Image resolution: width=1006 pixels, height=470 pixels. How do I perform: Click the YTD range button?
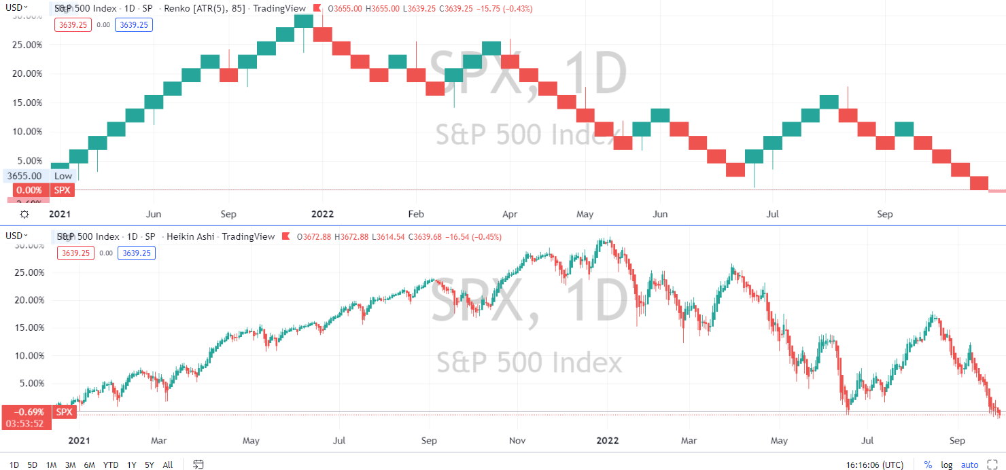tap(110, 465)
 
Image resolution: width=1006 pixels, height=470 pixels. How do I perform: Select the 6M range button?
tap(89, 465)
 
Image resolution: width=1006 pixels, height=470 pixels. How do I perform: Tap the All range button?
tap(168, 465)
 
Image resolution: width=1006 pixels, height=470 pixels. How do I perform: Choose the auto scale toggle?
tap(969, 465)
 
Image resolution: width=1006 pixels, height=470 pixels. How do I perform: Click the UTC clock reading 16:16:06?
tap(875, 465)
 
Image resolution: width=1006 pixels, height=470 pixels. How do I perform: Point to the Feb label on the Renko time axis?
tap(415, 214)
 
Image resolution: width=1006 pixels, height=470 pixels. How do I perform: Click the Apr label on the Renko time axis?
tap(509, 214)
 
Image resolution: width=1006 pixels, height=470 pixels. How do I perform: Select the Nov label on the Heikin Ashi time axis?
tap(519, 441)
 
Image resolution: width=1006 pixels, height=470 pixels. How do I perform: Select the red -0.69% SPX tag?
tap(38, 412)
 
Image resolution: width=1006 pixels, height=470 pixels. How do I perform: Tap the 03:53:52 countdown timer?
tap(24, 423)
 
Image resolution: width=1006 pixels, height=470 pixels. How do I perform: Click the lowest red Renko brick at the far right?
tap(979, 183)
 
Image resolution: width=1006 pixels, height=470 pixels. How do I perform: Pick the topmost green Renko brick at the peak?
tap(304, 20)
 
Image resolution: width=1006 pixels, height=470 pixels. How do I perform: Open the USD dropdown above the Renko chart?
tap(16, 7)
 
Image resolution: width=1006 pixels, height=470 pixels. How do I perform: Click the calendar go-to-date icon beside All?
tap(198, 465)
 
